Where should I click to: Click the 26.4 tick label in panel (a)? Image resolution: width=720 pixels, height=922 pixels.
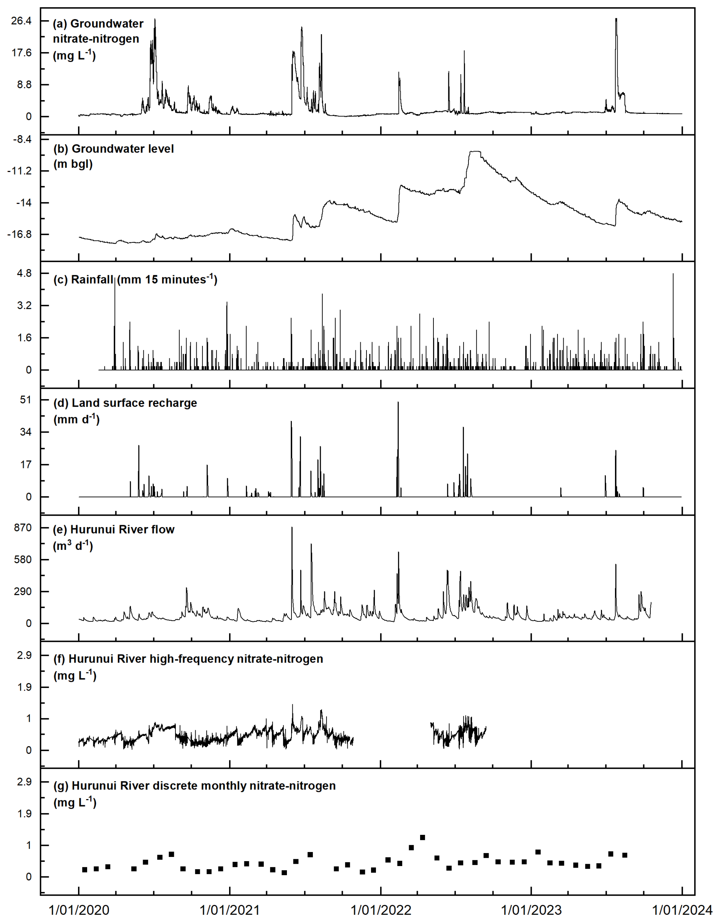pos(21,21)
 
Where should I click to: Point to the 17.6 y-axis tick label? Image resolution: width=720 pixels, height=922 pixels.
pos(21,53)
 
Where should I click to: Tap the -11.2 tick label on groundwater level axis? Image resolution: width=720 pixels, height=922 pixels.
pos(19,171)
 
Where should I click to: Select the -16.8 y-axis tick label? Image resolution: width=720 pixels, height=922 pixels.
pos(19,234)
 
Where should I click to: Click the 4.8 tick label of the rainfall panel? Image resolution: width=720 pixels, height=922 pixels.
pos(24,274)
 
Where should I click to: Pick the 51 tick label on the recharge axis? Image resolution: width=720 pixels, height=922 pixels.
pos(25,400)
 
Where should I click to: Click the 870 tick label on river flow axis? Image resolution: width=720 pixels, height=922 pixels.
pos(23,528)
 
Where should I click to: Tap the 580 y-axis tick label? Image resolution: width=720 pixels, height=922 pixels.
pos(23,560)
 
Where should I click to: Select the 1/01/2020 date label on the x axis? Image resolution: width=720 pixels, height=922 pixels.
pos(79,910)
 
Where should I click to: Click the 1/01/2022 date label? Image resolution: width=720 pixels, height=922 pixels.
pos(381,910)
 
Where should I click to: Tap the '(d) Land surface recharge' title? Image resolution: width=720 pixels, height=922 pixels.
pos(125,403)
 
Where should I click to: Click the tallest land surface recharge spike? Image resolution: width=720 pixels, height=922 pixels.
pos(398,402)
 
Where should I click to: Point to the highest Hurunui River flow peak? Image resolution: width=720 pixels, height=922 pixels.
pos(292,528)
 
